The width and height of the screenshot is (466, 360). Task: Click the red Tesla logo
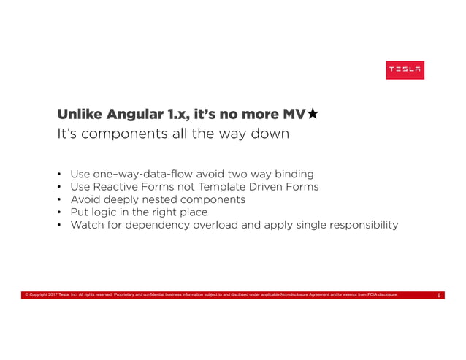(x=405, y=70)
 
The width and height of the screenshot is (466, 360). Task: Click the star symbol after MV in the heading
(x=312, y=114)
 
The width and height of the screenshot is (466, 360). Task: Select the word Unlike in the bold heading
(x=80, y=115)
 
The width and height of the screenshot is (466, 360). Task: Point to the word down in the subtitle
(x=270, y=135)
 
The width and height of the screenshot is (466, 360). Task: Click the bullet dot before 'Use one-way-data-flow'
(x=59, y=175)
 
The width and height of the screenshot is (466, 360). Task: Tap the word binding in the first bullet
(x=291, y=174)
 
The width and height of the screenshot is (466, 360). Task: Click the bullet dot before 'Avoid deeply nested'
(x=59, y=200)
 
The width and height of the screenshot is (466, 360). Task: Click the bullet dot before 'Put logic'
(x=59, y=212)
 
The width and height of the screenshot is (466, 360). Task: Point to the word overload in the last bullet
(x=215, y=225)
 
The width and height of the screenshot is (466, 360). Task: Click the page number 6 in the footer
(x=438, y=296)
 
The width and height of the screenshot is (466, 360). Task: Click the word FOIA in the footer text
(x=372, y=296)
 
